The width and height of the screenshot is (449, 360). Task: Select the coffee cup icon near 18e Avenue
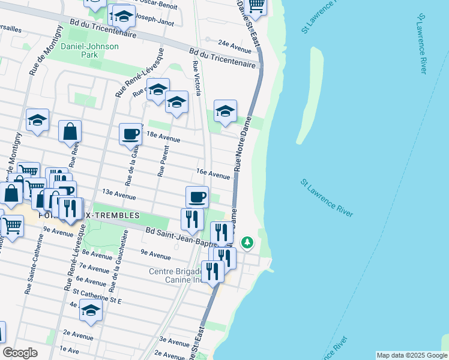[x=130, y=134]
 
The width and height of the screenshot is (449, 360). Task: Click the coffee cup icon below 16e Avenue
[x=197, y=196]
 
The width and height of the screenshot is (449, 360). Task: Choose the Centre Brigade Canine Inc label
[x=177, y=275]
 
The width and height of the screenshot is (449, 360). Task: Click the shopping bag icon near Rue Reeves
[x=70, y=131]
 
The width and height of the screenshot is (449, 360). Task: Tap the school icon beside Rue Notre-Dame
[x=225, y=111]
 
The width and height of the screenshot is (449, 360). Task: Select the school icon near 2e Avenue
[x=91, y=310]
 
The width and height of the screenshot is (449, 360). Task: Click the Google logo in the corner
[x=20, y=353]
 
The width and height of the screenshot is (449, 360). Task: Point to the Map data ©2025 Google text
[x=411, y=355]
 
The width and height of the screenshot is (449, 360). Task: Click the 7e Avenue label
[x=92, y=266]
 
